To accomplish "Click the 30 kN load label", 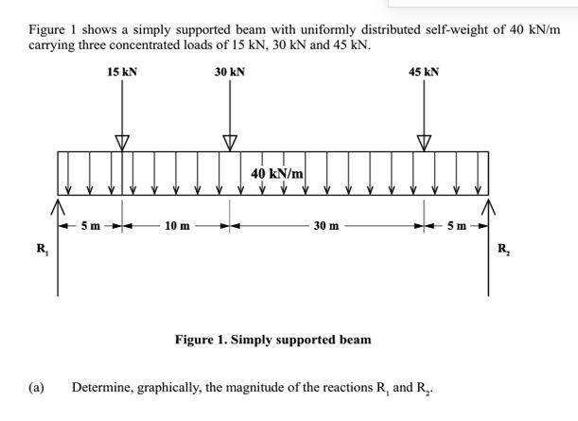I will [230, 72].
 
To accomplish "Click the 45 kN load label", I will [423, 72].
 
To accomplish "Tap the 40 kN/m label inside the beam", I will [277, 173].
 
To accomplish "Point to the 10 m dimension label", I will [176, 226].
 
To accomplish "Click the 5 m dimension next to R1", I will [90, 226].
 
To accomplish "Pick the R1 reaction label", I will [42, 249].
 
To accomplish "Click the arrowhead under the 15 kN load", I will [121, 142].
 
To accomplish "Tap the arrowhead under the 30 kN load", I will [229, 142].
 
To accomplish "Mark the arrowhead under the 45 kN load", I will [423, 142].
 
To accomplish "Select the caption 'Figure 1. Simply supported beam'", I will [273, 339].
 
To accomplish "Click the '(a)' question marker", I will [37, 388].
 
